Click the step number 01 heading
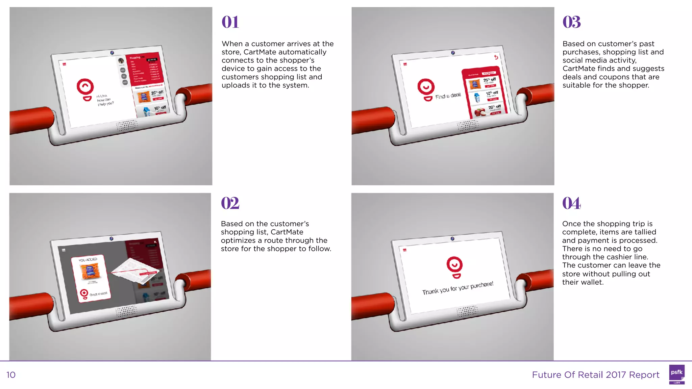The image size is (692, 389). click(230, 22)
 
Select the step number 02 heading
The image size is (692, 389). click(230, 203)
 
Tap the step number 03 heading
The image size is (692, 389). click(571, 22)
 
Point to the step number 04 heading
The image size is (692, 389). click(571, 203)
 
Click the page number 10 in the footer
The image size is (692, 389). click(11, 375)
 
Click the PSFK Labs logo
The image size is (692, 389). click(676, 374)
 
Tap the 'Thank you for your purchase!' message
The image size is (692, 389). click(458, 288)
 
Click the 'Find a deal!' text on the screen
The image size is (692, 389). click(448, 96)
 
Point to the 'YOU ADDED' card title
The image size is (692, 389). click(88, 260)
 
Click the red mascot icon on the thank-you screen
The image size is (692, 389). click(455, 267)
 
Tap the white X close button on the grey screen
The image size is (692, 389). click(155, 242)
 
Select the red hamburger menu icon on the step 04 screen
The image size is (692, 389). click(404, 250)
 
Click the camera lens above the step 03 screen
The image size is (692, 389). click(453, 53)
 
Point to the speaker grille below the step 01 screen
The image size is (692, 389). click(127, 125)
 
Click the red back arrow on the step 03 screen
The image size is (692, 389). click(496, 57)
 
